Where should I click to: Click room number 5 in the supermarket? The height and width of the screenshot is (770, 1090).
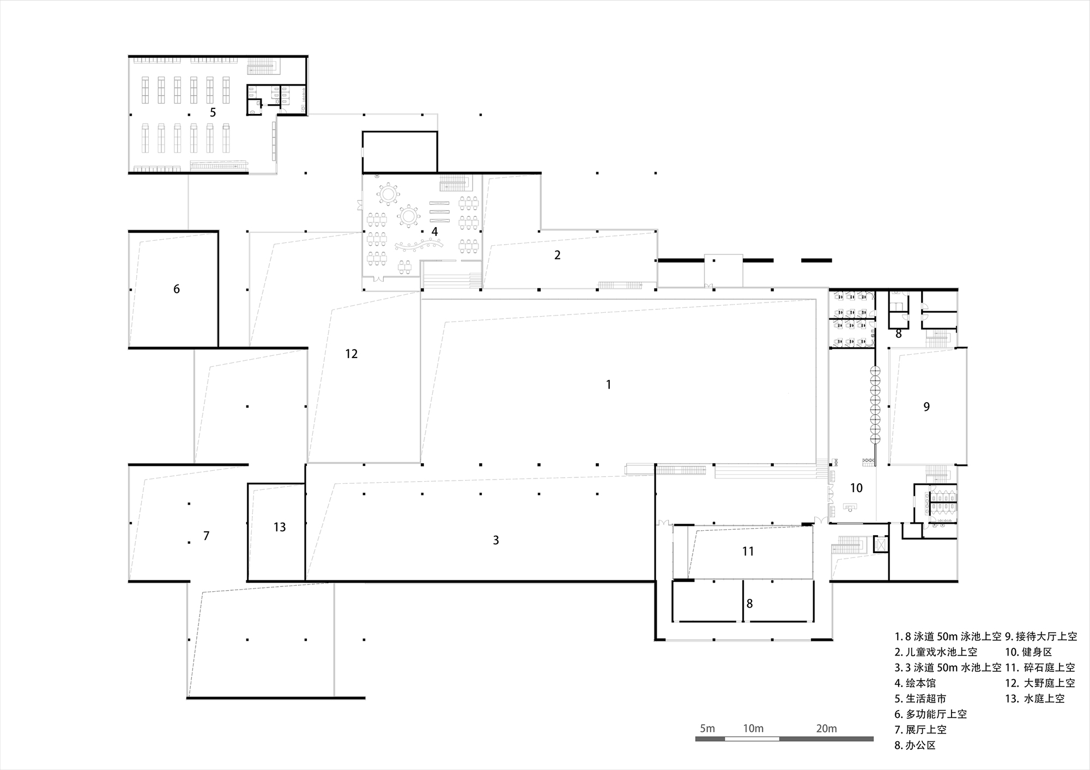coord(213,112)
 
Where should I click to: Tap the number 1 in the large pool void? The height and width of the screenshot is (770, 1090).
coord(608,385)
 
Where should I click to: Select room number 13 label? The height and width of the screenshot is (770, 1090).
coord(280,527)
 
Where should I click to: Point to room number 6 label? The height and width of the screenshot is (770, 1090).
coord(177,289)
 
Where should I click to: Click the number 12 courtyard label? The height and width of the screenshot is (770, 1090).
coord(352,354)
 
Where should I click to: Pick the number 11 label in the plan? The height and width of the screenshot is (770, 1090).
coord(748,551)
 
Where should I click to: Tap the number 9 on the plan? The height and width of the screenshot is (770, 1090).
coord(927,407)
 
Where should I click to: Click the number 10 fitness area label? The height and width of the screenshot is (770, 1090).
coord(857,488)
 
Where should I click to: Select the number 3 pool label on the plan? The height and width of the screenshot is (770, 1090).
coord(496,540)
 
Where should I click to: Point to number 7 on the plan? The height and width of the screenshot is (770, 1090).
coord(206,536)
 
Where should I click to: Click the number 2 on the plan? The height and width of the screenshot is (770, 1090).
coord(557,254)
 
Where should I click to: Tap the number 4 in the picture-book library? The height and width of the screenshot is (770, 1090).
coord(434,232)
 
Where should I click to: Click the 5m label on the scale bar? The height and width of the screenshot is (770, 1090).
coord(707,729)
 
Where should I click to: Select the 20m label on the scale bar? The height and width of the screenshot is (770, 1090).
coord(827,729)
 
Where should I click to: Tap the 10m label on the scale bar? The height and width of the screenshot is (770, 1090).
coord(753,729)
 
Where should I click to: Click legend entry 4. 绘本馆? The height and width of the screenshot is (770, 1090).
coord(915,683)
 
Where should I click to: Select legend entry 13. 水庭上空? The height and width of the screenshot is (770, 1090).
coord(1035,699)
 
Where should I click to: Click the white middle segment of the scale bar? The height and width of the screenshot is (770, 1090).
coord(752,739)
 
